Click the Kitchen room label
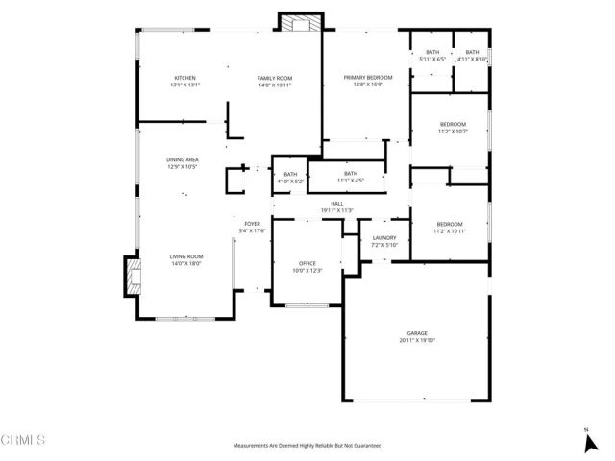pyautogui.click(x=185, y=81)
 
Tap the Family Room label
pyautogui.click(x=274, y=81)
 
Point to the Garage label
pyautogui.click(x=417, y=336)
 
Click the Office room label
pyautogui.click(x=307, y=266)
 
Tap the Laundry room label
pyautogui.click(x=383, y=241)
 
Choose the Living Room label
pyautogui.click(x=187, y=259)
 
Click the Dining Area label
pyautogui.click(x=183, y=163)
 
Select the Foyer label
pyautogui.click(x=252, y=227)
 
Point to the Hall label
pyautogui.click(x=337, y=206)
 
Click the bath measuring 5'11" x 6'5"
pyautogui.click(x=432, y=55)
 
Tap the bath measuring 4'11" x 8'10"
pyautogui.click(x=472, y=55)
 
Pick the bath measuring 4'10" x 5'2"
pyautogui.click(x=290, y=177)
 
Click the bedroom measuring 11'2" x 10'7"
pyautogui.click(x=453, y=127)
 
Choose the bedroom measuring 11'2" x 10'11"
pyautogui.click(x=449, y=227)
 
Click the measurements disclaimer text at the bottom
pyautogui.click(x=307, y=446)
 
